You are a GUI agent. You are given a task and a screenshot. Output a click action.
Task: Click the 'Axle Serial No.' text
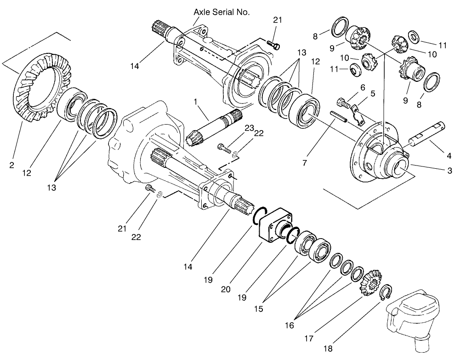[x=222, y=12]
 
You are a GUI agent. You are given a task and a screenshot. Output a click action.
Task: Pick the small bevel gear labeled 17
[x=370, y=283]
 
